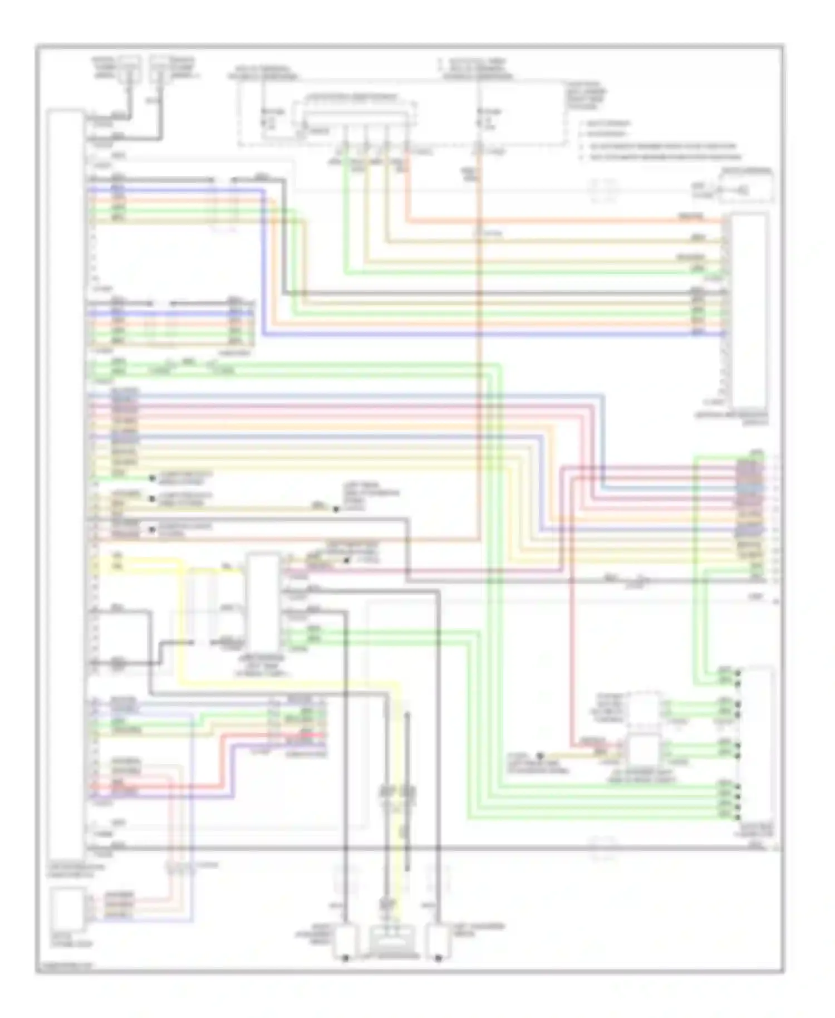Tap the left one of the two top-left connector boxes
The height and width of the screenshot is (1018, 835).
[129, 68]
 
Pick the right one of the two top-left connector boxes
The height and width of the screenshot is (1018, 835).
[159, 68]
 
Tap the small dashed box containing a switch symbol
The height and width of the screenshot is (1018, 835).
[746, 187]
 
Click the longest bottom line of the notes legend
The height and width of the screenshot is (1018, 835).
[660, 158]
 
